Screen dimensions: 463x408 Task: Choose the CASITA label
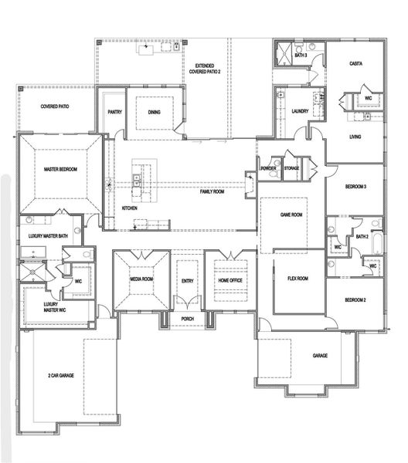(x=356, y=63)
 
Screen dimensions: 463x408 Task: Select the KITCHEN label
(x=130, y=208)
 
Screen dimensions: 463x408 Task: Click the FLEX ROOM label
(x=298, y=278)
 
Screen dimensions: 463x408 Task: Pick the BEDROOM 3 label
(x=355, y=188)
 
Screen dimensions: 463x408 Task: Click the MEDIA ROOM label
(x=141, y=279)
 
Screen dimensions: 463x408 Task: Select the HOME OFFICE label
(x=229, y=279)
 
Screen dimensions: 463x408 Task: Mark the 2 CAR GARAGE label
(x=60, y=375)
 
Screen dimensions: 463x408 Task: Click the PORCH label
(x=187, y=318)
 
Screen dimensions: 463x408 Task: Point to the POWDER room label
(x=268, y=168)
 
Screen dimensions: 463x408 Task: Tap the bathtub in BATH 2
(x=376, y=245)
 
